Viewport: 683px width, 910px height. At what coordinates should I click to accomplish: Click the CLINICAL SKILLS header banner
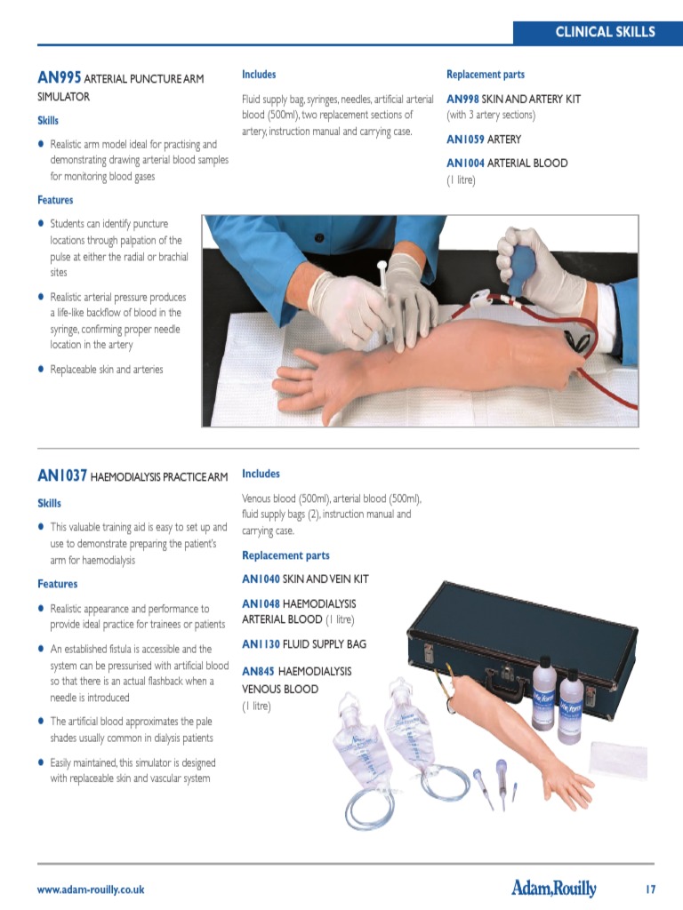click(x=598, y=31)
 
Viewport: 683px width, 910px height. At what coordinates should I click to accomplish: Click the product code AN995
click(x=59, y=78)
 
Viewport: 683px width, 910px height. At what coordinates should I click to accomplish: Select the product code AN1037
click(x=61, y=476)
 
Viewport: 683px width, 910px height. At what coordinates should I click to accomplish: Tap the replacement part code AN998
click(x=462, y=100)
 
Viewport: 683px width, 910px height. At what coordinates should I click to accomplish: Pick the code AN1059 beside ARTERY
click(x=464, y=140)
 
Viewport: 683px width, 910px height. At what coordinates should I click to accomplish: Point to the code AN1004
click(x=464, y=164)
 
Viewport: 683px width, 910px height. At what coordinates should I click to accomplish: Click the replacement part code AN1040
click(x=261, y=579)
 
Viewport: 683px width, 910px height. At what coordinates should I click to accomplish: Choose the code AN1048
click(x=261, y=604)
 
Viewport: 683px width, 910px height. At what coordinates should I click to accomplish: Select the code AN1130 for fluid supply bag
click(x=260, y=644)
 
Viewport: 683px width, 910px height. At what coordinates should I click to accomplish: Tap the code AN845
click(x=258, y=672)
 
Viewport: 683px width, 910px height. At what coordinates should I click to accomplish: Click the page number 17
click(x=650, y=889)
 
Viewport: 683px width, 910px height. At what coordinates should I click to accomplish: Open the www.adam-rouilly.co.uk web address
click(x=90, y=890)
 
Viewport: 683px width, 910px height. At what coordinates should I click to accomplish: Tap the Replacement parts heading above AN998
click(x=485, y=75)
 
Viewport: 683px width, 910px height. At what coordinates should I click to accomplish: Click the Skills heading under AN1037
click(x=49, y=503)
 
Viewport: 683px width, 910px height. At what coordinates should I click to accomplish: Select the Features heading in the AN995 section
click(x=55, y=200)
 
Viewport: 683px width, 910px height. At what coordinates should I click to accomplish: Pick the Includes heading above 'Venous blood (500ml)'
click(x=261, y=474)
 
